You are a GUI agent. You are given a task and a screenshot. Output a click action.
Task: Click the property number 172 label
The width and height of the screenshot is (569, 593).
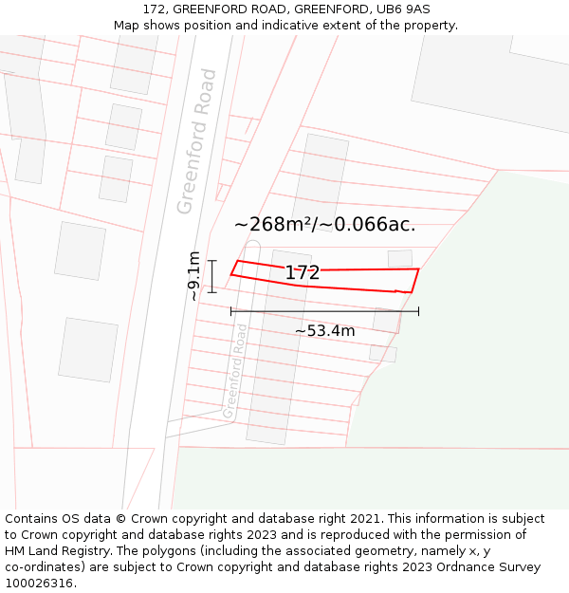click(x=303, y=273)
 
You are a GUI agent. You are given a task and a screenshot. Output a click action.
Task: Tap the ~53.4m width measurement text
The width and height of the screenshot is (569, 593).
click(x=324, y=331)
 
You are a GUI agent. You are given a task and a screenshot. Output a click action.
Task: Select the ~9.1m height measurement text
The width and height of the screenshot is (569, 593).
click(x=194, y=276)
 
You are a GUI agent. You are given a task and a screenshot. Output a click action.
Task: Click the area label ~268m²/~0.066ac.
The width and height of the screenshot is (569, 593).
click(x=324, y=225)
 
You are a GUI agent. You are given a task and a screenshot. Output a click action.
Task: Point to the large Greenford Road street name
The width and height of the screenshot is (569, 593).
click(x=197, y=141)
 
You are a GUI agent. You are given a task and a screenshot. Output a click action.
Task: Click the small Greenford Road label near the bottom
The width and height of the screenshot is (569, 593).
click(x=234, y=371)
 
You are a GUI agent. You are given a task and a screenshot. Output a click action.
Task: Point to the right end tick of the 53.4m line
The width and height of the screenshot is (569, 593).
click(x=418, y=311)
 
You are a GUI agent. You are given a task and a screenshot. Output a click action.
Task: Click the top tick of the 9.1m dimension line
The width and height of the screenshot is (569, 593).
click(x=212, y=261)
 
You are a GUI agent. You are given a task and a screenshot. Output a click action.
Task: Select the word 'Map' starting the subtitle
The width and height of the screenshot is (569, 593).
click(x=126, y=26)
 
